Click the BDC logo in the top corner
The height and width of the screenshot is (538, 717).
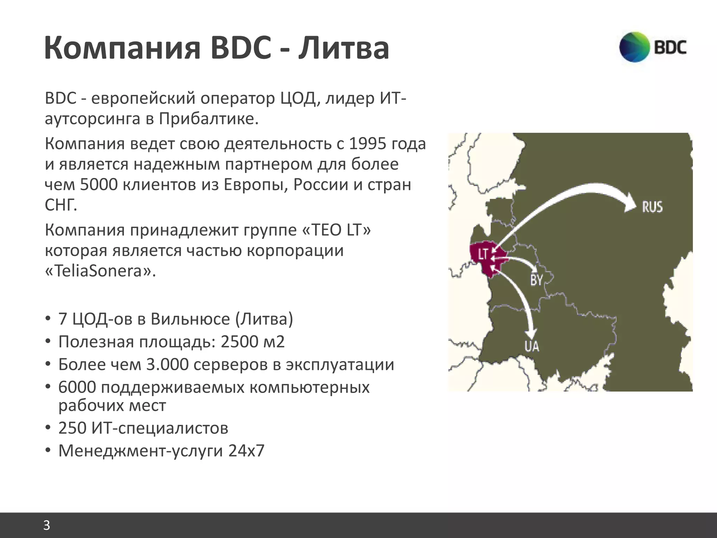pyautogui.click(x=653, y=47)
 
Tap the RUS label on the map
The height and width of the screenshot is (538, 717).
pyautogui.click(x=652, y=207)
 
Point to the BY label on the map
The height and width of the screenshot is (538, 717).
pyautogui.click(x=536, y=280)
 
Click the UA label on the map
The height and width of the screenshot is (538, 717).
pyautogui.click(x=532, y=346)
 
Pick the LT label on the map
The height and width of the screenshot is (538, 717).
pyautogui.click(x=483, y=254)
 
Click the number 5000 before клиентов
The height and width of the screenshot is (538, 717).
pyautogui.click(x=99, y=185)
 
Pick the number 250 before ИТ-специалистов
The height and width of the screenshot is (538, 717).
pyautogui.click(x=73, y=428)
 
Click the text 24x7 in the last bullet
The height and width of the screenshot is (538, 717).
pyautogui.click(x=246, y=450)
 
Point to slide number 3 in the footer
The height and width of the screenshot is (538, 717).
pyautogui.click(x=47, y=525)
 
